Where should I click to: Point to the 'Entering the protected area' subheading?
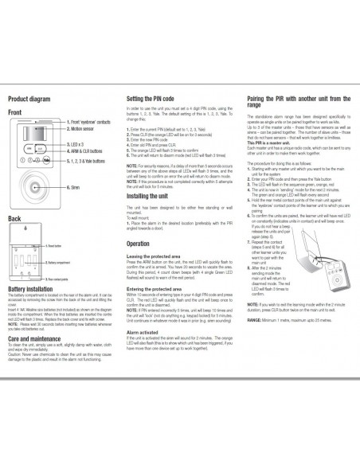point(158,289)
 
